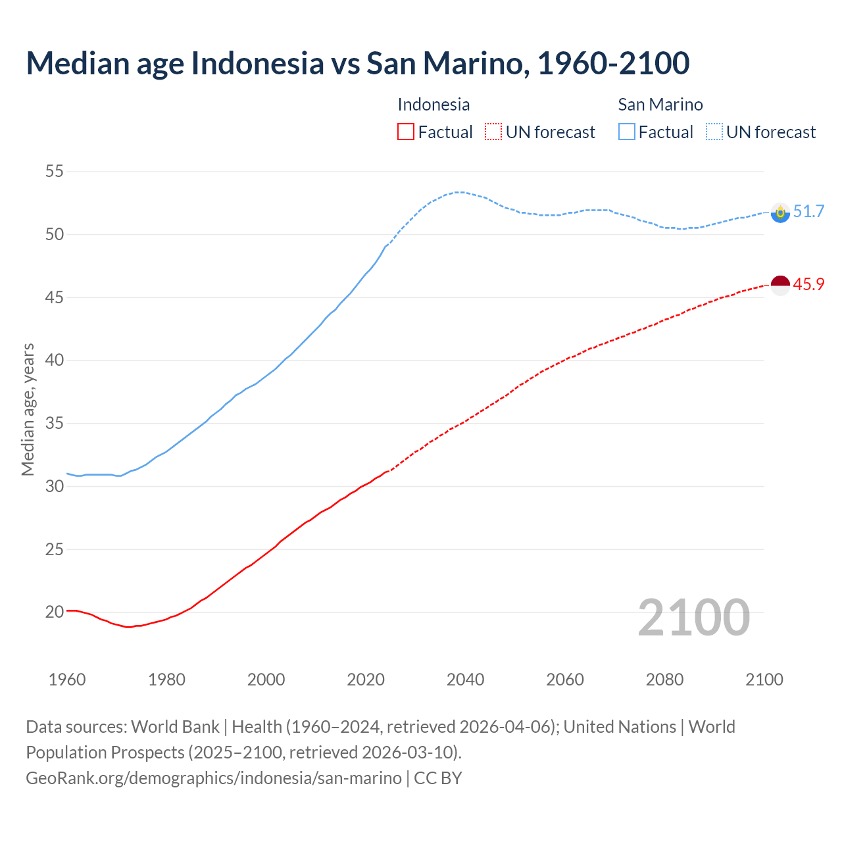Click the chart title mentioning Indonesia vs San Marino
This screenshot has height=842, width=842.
click(x=357, y=63)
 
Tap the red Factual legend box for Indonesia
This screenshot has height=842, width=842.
click(x=406, y=132)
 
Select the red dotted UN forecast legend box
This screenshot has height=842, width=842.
click(x=493, y=132)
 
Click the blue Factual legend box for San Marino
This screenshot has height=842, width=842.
click(x=627, y=132)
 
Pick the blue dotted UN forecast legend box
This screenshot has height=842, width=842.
click(x=714, y=132)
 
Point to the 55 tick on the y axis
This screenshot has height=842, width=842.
click(x=55, y=172)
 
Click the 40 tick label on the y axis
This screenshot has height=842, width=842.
click(x=55, y=360)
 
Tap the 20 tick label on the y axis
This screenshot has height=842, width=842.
click(x=55, y=612)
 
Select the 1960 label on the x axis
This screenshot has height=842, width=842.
click(x=67, y=680)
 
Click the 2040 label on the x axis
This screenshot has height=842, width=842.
click(x=465, y=680)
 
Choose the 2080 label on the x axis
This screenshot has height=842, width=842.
click(x=664, y=680)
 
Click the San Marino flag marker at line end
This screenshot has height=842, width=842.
click(x=780, y=212)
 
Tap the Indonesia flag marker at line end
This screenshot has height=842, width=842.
click(x=780, y=285)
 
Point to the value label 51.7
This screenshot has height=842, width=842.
click(x=808, y=212)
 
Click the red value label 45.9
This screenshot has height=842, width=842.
click(x=808, y=285)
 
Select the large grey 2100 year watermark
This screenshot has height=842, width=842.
click(x=693, y=617)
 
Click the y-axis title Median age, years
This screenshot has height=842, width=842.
click(x=28, y=409)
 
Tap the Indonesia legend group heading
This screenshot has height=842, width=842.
click(x=433, y=105)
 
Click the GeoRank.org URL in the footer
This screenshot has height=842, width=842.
click(x=214, y=778)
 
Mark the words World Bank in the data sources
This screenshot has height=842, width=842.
click(x=175, y=727)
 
